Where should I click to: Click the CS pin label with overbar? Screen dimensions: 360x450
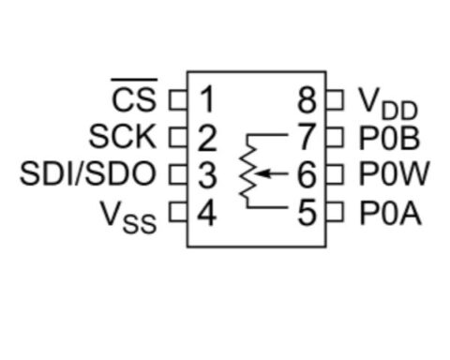pyautogui.click(x=135, y=97)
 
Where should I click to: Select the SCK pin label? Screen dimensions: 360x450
pyautogui.click(x=123, y=137)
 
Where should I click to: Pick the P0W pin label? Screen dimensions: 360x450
pyautogui.click(x=394, y=174)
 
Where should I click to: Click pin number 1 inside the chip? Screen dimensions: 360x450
pyautogui.click(x=206, y=98)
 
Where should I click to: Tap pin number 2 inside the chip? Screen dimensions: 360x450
pyautogui.click(x=206, y=137)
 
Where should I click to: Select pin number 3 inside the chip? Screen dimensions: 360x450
pyautogui.click(x=206, y=174)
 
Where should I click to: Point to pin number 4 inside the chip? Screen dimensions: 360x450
pyautogui.click(x=206, y=213)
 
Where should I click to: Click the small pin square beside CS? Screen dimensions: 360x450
pyautogui.click(x=174, y=97)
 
